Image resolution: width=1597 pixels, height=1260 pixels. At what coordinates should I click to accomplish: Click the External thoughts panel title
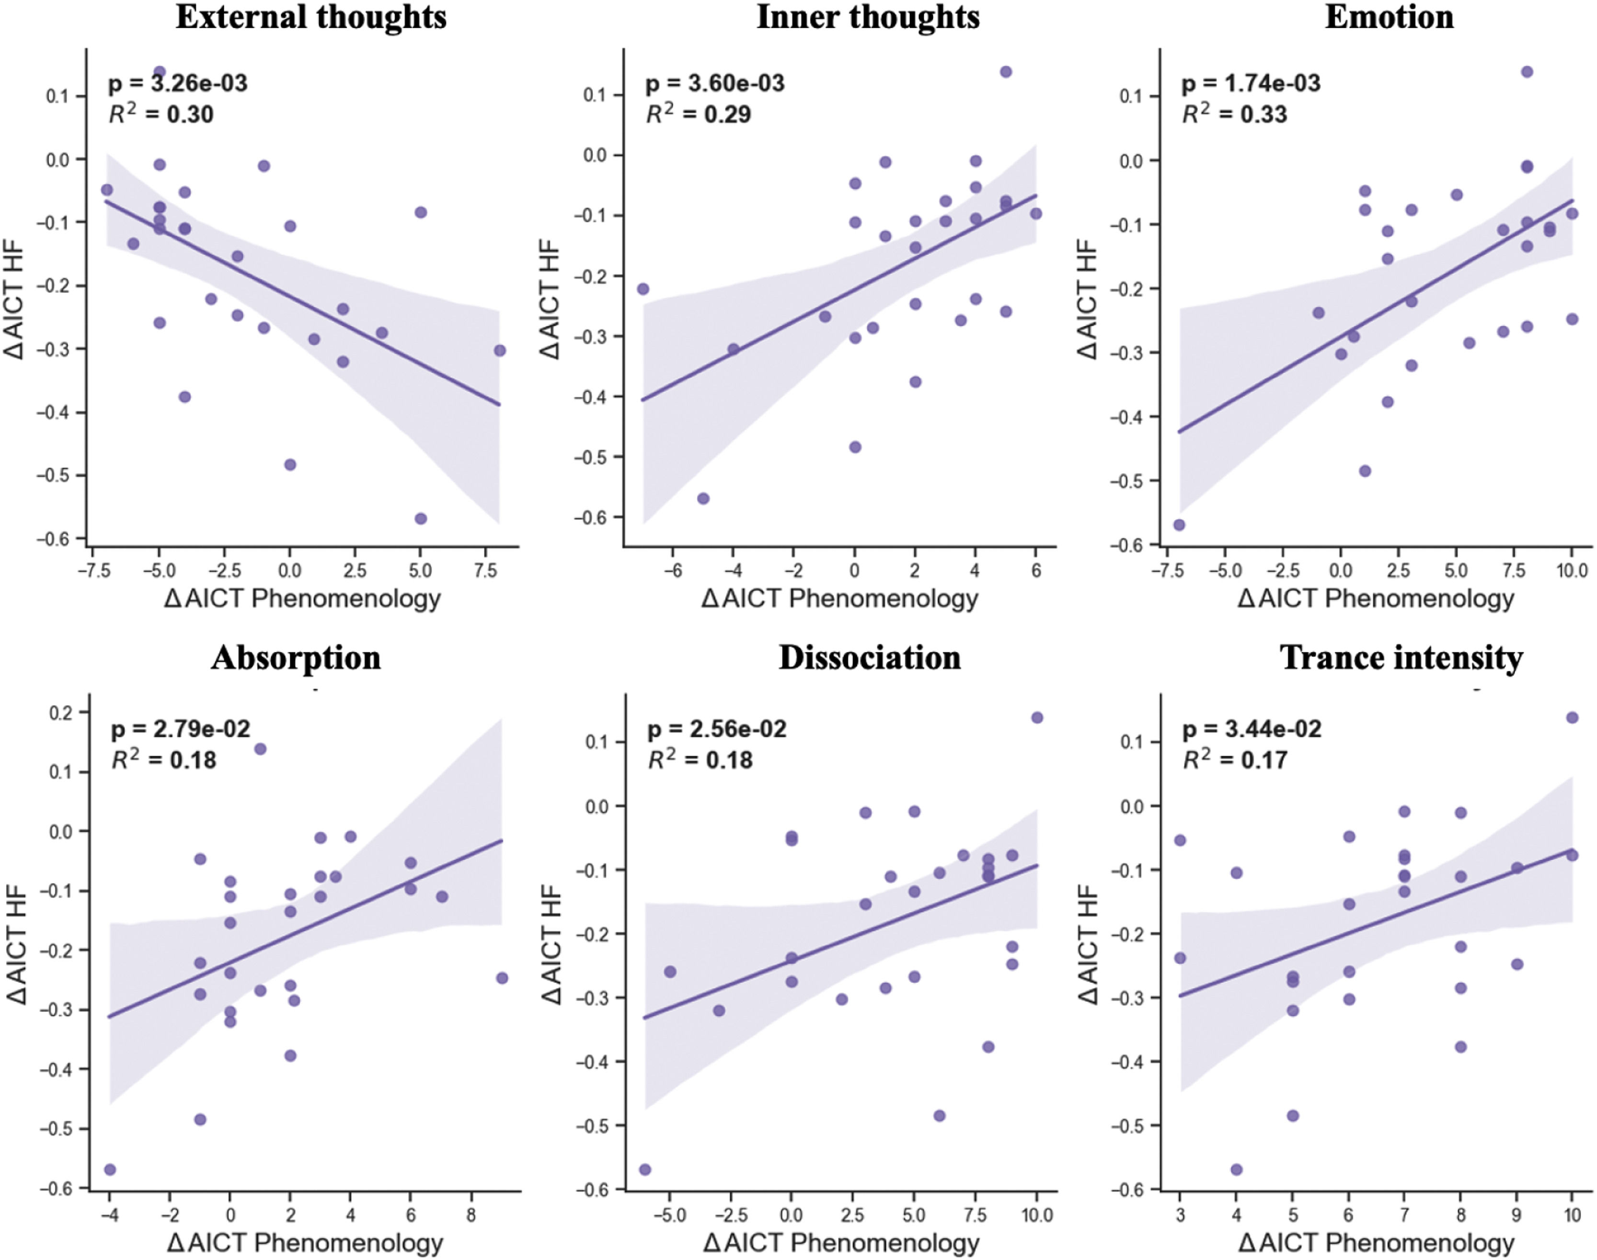pyautogui.click(x=310, y=17)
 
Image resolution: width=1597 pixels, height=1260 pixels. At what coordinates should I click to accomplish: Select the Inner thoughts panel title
pyautogui.click(x=868, y=17)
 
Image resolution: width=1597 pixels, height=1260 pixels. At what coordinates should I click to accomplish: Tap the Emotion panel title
pyautogui.click(x=1389, y=17)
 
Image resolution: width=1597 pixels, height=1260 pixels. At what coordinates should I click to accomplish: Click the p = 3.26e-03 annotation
pyautogui.click(x=178, y=83)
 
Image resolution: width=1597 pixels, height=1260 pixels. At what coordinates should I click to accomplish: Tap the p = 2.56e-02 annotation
pyautogui.click(x=716, y=729)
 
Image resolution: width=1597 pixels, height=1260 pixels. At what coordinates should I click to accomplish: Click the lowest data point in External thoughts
pyautogui.click(x=421, y=518)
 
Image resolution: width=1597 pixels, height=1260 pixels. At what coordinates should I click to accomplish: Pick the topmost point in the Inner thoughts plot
pyautogui.click(x=1005, y=71)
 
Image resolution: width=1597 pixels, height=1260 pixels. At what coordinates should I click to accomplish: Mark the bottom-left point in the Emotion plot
pyautogui.click(x=1179, y=525)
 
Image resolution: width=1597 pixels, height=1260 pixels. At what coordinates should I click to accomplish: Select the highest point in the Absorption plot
pyautogui.click(x=260, y=749)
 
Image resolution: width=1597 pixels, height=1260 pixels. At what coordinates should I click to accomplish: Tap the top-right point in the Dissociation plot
pyautogui.click(x=1036, y=717)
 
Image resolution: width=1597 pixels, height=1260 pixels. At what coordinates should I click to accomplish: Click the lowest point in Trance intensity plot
pyautogui.click(x=1236, y=1169)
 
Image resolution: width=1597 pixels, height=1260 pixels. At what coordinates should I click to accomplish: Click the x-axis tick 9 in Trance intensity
pyautogui.click(x=1517, y=1215)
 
